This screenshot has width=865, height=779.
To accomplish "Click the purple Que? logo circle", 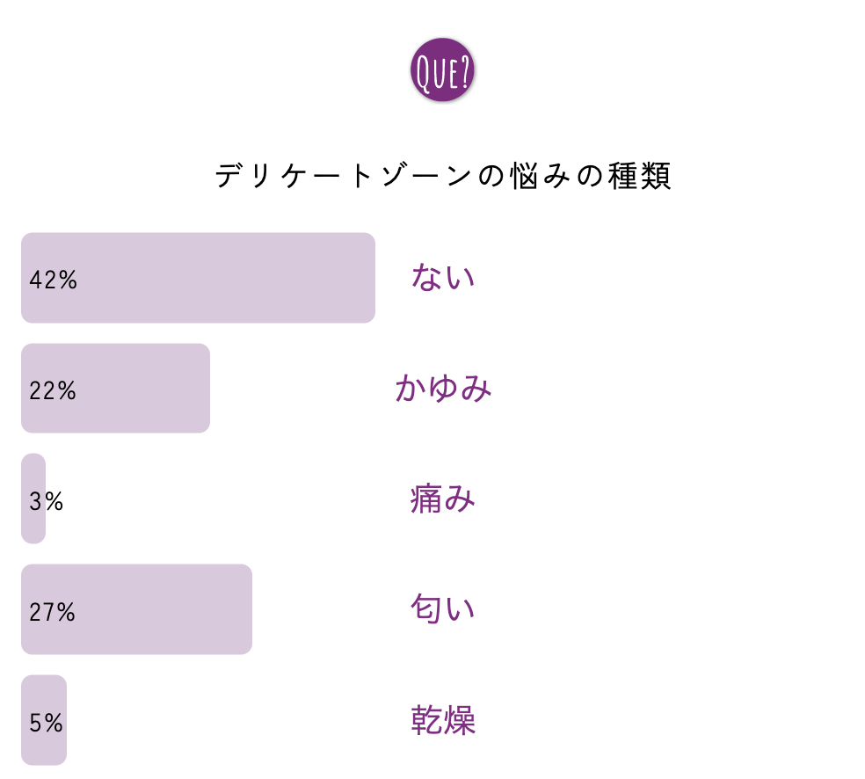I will [442, 70].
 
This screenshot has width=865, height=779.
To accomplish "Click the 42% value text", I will [53, 280].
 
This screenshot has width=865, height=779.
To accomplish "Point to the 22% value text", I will [53, 390].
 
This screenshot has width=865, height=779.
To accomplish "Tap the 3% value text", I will [46, 501].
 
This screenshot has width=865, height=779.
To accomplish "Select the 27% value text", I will [53, 612].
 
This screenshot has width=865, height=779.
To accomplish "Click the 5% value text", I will [46, 723].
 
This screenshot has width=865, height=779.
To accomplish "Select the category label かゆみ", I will [443, 388].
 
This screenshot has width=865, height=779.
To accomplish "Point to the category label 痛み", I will [443, 499].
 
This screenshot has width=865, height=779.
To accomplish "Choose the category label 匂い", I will [443, 609].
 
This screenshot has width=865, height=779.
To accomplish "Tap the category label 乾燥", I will [443, 720].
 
